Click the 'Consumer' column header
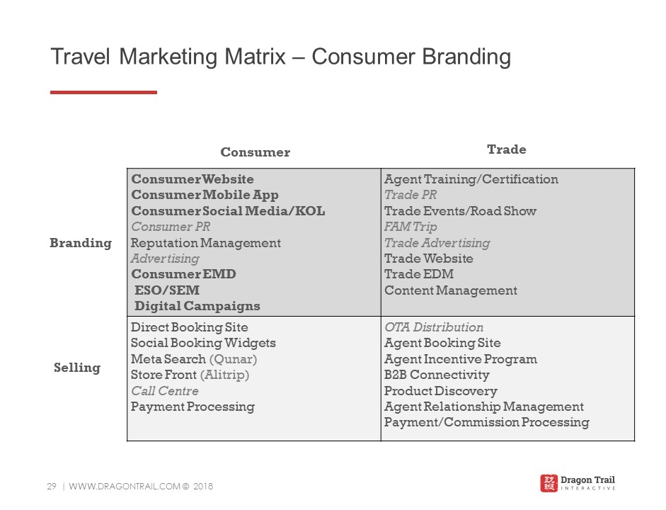pos(256,152)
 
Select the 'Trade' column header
pos(506,149)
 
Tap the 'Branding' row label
pos(81,243)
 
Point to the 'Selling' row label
pos(77,368)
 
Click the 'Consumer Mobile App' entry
pos(205,195)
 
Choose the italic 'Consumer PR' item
pos(171,227)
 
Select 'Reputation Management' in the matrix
pos(205,243)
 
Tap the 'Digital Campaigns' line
pos(197,306)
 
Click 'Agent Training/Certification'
pos(471,179)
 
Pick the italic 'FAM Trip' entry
pos(410,227)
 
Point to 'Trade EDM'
pos(419,274)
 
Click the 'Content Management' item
pos(451,290)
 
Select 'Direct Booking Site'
pos(190,327)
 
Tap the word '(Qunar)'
pos(233,359)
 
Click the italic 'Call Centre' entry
pos(165,390)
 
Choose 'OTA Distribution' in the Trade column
pos(434,327)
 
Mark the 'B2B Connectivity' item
pos(437,375)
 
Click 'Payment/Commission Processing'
pos(487,422)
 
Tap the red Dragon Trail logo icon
pos(549,483)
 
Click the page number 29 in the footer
pos(52,486)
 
